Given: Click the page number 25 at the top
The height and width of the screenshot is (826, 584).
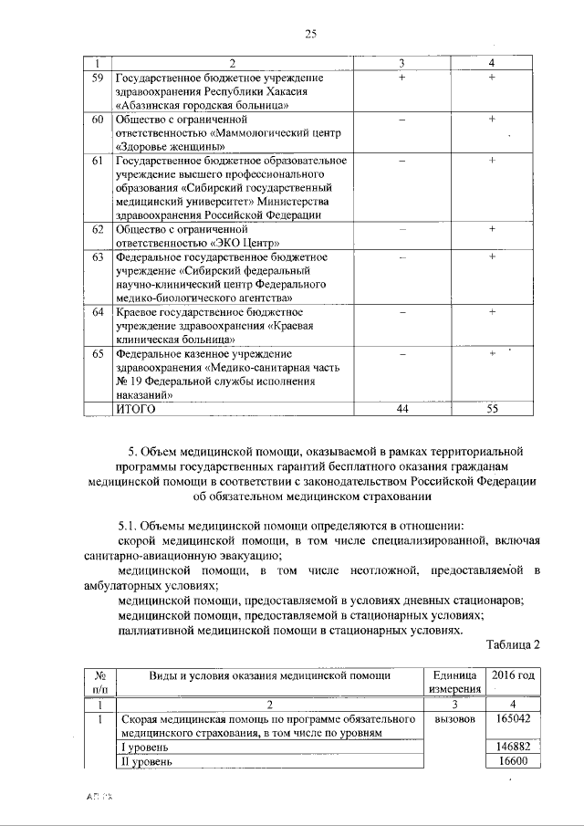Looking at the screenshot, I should point(309,35).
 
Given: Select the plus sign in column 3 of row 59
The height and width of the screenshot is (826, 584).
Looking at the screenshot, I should point(401,78).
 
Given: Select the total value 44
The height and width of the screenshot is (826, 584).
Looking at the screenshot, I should point(401,410).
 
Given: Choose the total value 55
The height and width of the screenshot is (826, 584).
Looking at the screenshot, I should point(492,410).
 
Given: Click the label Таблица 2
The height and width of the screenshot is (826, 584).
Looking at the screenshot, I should point(513,643).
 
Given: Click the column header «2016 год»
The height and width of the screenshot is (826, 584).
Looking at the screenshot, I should point(512,675).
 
